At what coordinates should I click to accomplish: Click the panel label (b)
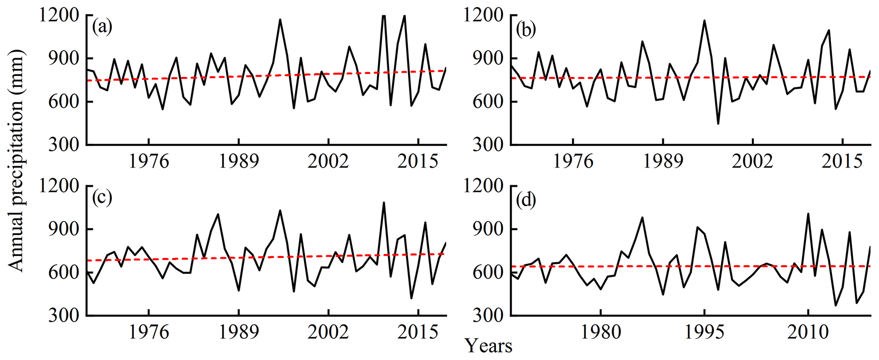tap(526, 30)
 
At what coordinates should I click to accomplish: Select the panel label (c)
tap(102, 198)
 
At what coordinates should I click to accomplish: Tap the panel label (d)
tap(526, 199)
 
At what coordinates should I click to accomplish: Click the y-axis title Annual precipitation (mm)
tap(16, 161)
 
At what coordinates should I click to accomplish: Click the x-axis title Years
tap(489, 346)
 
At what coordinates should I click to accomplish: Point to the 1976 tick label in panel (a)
tap(149, 162)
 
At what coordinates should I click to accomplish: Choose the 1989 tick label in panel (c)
tap(239, 332)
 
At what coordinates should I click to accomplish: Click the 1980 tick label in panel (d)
tap(600, 332)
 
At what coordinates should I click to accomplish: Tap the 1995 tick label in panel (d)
tap(705, 332)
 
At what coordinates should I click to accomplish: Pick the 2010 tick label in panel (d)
tap(808, 332)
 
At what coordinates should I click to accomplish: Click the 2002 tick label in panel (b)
tap(752, 162)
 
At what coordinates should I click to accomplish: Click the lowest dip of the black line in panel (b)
tap(718, 124)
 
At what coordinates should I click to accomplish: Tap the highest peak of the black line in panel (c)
tap(384, 203)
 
